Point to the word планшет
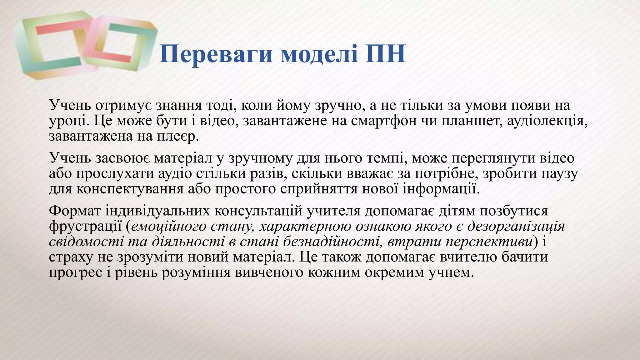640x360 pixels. pos(472,121)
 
